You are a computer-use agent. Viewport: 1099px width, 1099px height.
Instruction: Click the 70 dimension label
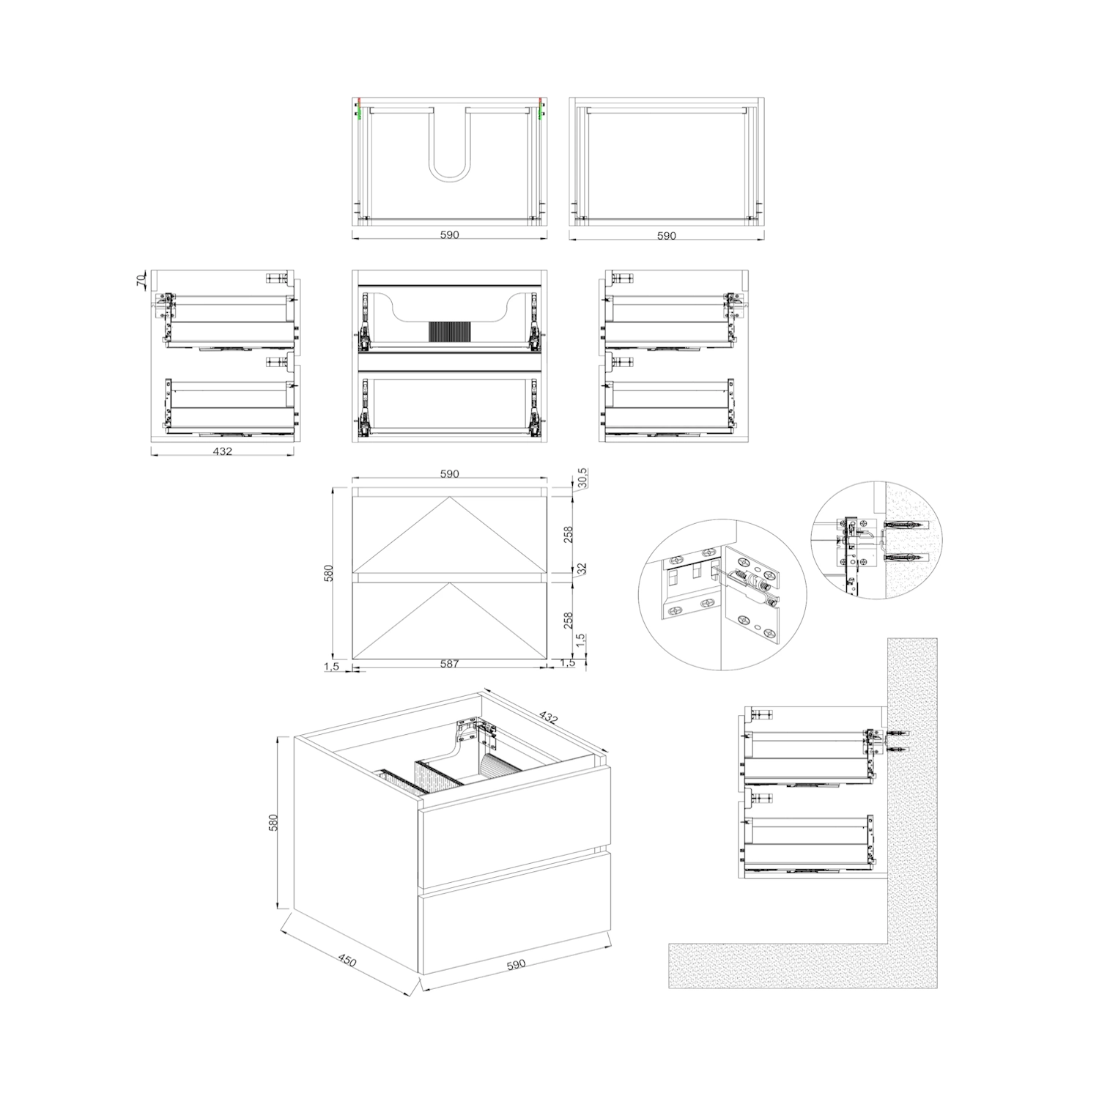141,279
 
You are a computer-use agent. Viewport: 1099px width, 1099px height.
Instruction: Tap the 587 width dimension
449,664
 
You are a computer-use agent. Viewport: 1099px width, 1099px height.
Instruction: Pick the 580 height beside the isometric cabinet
273,823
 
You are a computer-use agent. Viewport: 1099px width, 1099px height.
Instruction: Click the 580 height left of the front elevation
328,574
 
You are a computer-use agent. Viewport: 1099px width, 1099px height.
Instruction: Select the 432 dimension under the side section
222,451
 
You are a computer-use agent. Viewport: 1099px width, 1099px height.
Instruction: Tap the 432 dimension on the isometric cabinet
548,717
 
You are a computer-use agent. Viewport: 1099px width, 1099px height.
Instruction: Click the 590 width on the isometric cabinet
516,964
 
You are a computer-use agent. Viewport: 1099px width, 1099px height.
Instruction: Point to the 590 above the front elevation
449,474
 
